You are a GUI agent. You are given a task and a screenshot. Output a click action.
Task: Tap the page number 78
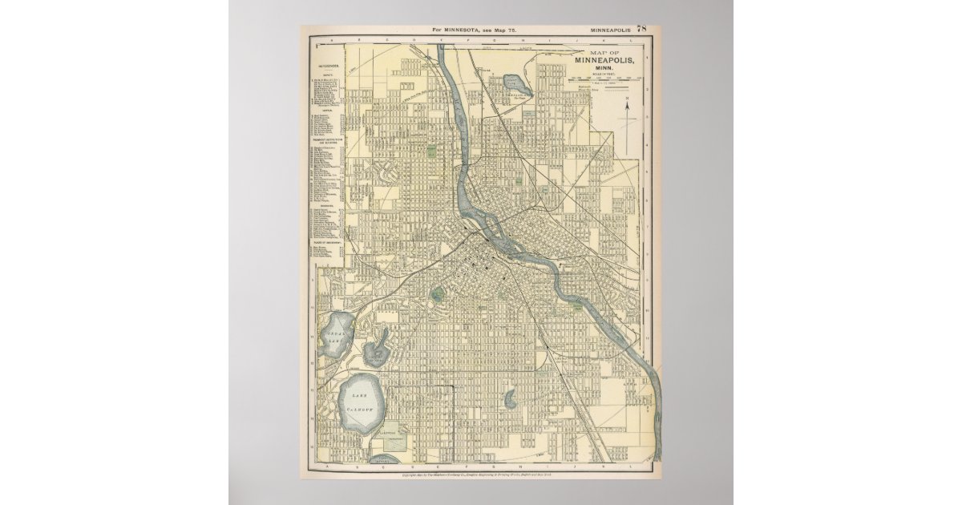point(641,28)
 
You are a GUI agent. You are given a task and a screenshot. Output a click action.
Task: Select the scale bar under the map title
point(605,80)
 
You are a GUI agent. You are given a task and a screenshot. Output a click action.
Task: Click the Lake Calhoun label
point(361,403)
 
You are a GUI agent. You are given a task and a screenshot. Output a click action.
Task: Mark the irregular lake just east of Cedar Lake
point(375,350)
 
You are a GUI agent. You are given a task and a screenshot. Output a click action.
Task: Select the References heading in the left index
point(327,66)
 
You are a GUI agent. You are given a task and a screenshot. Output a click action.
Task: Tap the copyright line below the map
point(481,477)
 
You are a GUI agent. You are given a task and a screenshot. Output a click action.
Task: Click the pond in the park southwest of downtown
point(437,295)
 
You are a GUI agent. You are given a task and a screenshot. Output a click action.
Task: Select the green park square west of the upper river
point(431,150)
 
